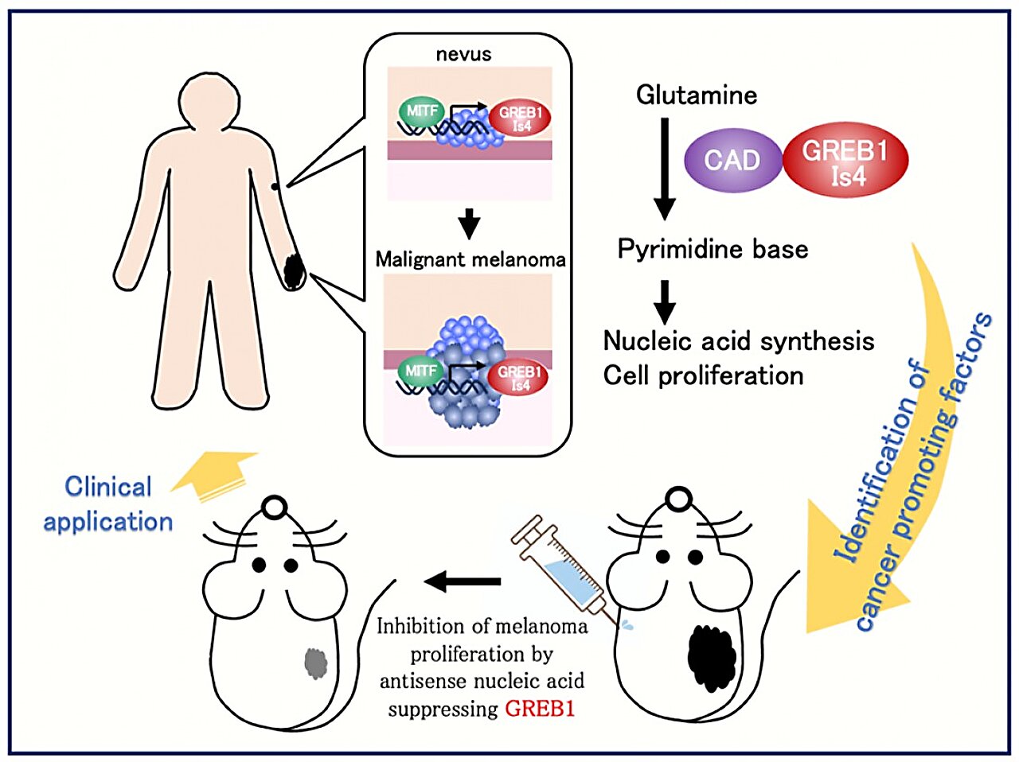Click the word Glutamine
697,95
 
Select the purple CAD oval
732,160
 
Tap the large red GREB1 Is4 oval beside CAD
845,161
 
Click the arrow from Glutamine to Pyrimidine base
665,168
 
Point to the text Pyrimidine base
713,249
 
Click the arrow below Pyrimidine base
665,301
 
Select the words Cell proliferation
703,375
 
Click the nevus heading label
463,55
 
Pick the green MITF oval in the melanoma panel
420,371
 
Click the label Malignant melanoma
470,259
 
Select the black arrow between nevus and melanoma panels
470,224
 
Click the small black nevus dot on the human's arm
275,186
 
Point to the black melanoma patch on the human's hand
295,270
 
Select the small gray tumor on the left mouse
316,663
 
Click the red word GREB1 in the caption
540,709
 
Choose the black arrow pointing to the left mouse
463,581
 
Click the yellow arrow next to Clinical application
219,475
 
